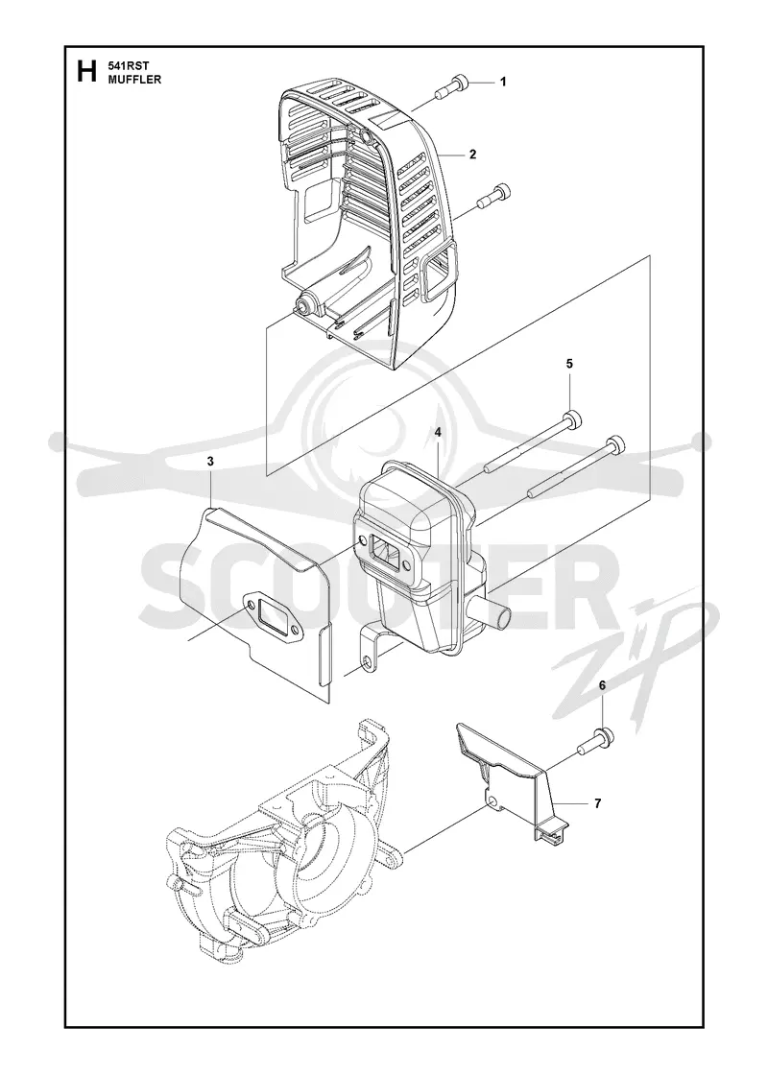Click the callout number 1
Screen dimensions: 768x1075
pyautogui.click(x=503, y=83)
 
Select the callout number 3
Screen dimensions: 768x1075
pyautogui.click(x=210, y=462)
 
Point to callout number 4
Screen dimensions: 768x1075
pyautogui.click(x=437, y=432)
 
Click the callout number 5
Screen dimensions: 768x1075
pyautogui.click(x=570, y=364)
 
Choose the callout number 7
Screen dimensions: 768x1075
pyautogui.click(x=598, y=802)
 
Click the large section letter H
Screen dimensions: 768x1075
pyautogui.click(x=86, y=71)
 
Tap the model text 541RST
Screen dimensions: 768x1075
pyautogui.click(x=124, y=66)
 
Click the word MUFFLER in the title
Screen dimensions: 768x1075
pyautogui.click(x=134, y=80)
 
